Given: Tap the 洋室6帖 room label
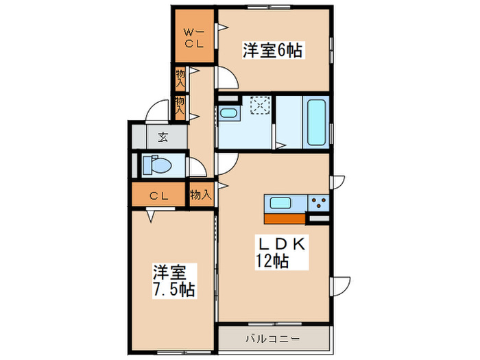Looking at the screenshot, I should (273, 50).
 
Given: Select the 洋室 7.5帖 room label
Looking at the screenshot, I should (173, 280).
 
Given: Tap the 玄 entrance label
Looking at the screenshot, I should (163, 136).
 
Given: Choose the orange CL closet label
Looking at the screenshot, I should (160, 195).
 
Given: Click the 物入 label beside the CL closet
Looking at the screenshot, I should (200, 195).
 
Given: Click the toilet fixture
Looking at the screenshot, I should (156, 165).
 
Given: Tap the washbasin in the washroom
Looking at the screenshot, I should (228, 113).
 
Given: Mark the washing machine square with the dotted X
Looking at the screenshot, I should (261, 107).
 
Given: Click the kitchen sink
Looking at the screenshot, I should (283, 203).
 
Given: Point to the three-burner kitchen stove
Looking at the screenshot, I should (318, 203).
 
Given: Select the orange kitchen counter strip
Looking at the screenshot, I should (284, 219).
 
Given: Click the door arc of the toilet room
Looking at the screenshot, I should (198, 168).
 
